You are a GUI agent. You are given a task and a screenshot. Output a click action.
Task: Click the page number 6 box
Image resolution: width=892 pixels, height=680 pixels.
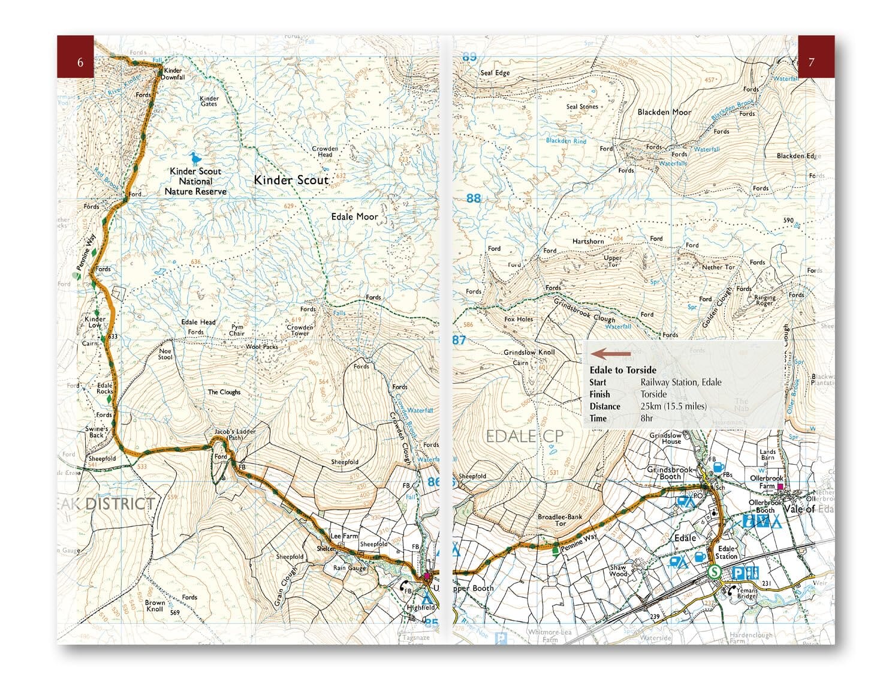pyautogui.click(x=76, y=57)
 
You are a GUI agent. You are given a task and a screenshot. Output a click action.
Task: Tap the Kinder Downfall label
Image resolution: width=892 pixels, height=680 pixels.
pyautogui.click(x=173, y=74)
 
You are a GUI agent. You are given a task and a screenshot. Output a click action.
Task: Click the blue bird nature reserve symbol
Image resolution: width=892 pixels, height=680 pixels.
pyautogui.click(x=194, y=158)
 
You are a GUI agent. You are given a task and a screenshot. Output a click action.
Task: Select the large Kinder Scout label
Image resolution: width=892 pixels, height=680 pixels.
pyautogui.click(x=291, y=180)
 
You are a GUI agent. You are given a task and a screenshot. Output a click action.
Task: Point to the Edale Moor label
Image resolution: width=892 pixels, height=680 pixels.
pyautogui.click(x=354, y=216)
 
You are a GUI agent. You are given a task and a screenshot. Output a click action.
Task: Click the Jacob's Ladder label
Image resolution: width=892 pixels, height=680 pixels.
pyautogui.click(x=235, y=434)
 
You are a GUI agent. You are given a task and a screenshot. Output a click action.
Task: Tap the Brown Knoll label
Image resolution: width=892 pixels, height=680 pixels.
pyautogui.click(x=155, y=606)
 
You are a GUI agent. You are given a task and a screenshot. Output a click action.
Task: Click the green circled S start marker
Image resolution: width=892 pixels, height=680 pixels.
pyautogui.click(x=714, y=572)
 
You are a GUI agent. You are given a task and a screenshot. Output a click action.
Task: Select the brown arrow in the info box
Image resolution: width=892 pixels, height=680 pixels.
pyautogui.click(x=611, y=354)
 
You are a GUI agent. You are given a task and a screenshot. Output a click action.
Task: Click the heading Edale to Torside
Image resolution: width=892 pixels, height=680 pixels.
pyautogui.click(x=623, y=370)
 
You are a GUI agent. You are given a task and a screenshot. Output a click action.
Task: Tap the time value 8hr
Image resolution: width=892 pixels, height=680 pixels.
pyautogui.click(x=647, y=418)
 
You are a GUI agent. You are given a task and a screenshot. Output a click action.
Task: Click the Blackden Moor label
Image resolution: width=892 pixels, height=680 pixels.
pyautogui.click(x=664, y=112)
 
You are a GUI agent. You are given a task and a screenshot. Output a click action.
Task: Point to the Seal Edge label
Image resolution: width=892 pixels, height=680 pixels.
pyautogui.click(x=495, y=73)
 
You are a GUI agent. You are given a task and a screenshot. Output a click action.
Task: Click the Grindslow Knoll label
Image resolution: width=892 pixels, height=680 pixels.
pyautogui.click(x=529, y=353)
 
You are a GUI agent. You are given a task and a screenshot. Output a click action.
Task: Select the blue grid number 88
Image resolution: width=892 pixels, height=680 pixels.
pyautogui.click(x=474, y=198)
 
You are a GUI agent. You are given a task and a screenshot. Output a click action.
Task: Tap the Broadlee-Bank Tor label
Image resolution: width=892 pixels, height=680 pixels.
pyautogui.click(x=560, y=520)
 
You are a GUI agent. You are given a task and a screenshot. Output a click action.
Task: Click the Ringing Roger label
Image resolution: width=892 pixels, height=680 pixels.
pyautogui.click(x=764, y=300)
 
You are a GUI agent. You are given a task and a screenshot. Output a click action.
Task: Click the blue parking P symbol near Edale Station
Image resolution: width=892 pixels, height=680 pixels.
pyautogui.click(x=739, y=573)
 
